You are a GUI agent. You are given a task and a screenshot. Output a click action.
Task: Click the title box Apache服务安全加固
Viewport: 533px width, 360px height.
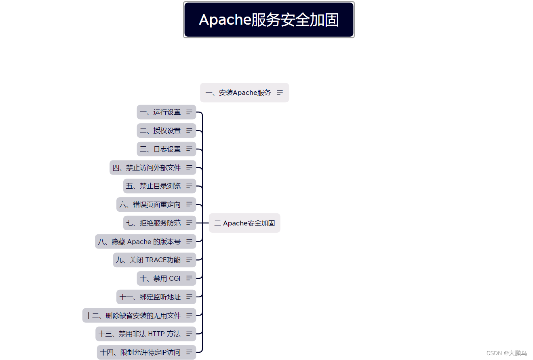coord(269,20)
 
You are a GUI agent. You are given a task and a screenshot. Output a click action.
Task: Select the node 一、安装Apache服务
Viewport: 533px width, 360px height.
coord(238,93)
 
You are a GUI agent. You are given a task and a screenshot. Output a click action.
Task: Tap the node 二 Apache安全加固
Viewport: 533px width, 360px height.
coord(244,223)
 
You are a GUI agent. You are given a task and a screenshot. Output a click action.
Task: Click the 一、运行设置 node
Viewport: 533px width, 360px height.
coord(160,112)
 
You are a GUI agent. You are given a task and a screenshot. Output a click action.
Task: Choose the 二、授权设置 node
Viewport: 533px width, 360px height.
coord(160,131)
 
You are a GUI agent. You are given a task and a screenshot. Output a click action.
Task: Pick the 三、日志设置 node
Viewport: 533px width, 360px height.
coord(160,149)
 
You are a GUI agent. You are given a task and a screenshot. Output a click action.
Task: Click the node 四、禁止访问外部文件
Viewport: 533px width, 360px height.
coord(147,168)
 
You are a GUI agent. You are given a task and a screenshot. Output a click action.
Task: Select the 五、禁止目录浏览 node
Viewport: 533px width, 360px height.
coord(154,186)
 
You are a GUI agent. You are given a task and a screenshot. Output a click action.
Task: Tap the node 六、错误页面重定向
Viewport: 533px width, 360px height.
coord(150,204)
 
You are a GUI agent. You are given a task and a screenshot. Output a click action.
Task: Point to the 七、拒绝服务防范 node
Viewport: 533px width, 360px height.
coord(154,223)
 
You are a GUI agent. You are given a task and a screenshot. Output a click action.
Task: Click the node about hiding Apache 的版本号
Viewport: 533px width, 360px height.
coord(139,242)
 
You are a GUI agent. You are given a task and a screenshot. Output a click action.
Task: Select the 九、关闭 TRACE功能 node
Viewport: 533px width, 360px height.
coord(148,260)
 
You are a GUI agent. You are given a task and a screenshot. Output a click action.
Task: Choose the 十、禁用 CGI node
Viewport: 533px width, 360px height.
coord(160,278)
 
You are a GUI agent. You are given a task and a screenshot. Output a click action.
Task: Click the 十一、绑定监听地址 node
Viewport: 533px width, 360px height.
coord(150,297)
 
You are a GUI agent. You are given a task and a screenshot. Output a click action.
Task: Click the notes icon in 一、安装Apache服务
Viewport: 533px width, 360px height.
coord(280,93)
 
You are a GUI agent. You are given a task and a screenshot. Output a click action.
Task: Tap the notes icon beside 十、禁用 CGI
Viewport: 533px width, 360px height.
coord(189,278)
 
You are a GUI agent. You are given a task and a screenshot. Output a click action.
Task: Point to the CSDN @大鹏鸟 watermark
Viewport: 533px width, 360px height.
coord(506,353)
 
